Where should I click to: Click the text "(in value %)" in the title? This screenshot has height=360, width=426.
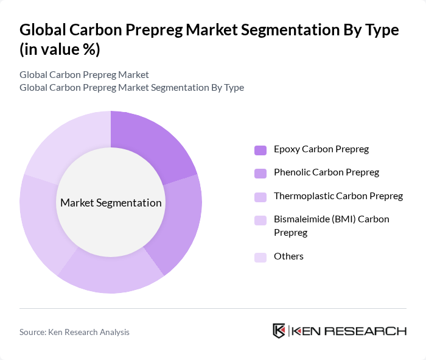coord(60,50)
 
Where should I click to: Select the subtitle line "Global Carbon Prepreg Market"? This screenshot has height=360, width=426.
coord(84,74)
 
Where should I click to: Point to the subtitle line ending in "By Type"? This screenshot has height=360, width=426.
coord(131,87)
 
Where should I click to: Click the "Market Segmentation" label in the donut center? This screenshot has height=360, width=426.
coord(111,203)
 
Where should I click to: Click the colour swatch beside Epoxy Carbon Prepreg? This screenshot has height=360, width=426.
coord(260,150)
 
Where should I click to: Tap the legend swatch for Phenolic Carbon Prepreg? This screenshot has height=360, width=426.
coord(260,173)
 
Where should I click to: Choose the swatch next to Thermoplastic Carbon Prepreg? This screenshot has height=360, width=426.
coord(260,197)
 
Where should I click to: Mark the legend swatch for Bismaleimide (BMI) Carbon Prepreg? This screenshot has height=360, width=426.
coord(260,220)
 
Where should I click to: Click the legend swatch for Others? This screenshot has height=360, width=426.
coord(260,257)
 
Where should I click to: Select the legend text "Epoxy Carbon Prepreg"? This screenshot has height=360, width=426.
coord(321,149)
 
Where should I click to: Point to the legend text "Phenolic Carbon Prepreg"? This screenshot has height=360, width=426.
coord(326,172)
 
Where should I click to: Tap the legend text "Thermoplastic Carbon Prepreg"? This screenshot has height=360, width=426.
coord(338,196)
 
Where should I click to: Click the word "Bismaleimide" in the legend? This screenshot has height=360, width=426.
coord(302,219)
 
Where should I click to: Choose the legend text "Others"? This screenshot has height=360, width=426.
coord(288,256)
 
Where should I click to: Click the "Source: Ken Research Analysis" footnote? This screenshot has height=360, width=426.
coord(74,332)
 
